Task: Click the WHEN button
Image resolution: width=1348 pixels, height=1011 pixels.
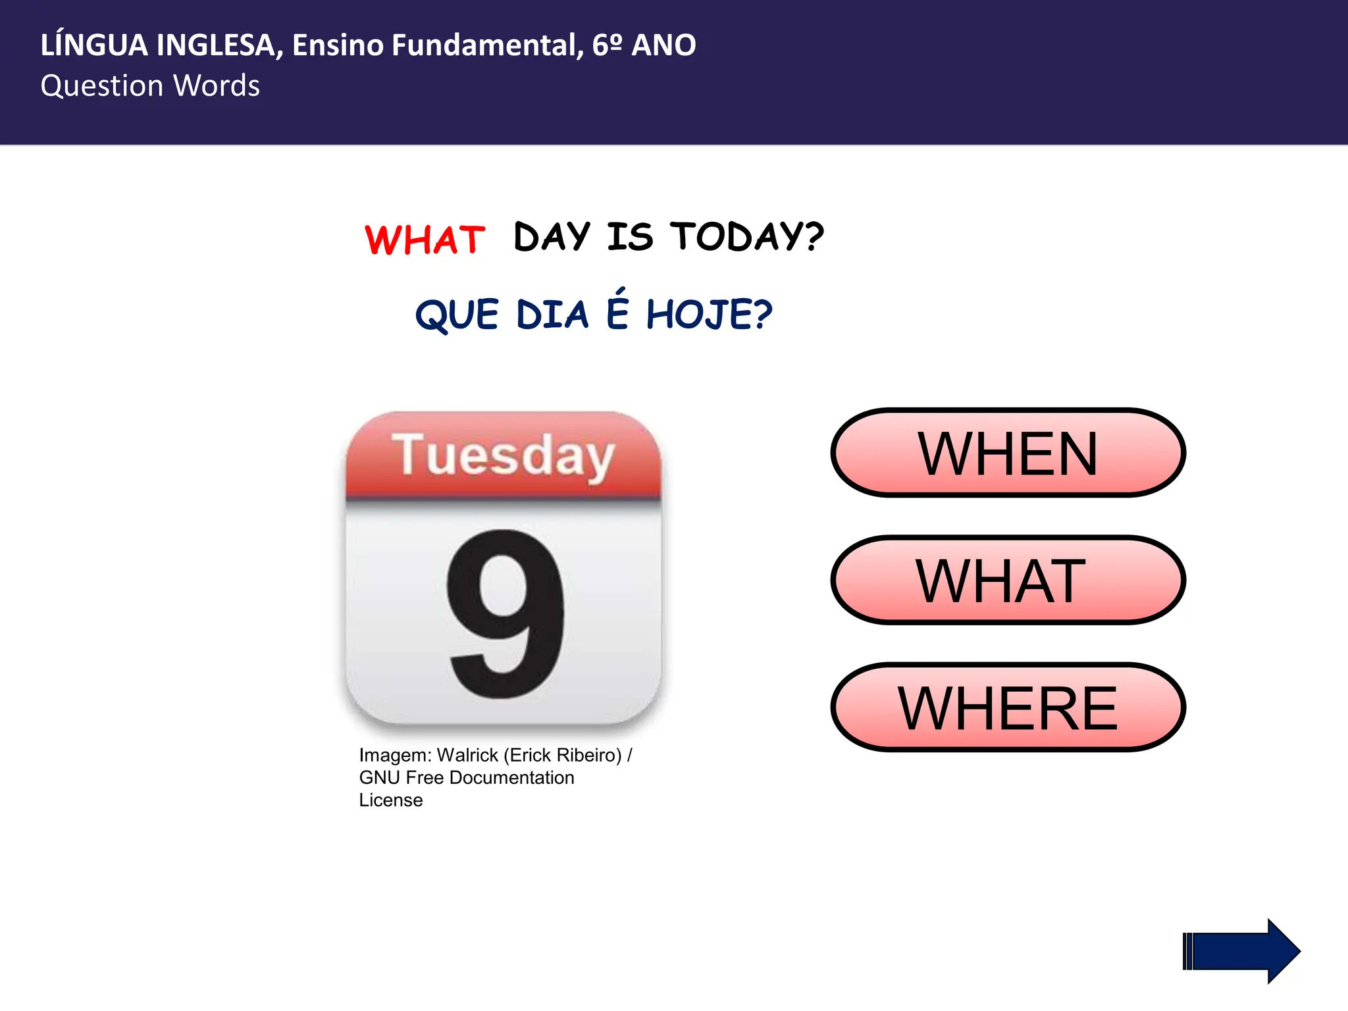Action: pos(1008,453)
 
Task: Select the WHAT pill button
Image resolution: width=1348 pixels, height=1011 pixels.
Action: pos(1008,580)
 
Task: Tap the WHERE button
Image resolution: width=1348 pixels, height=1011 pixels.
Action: pos(1008,708)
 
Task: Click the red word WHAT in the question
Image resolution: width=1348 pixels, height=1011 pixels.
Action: pos(425,240)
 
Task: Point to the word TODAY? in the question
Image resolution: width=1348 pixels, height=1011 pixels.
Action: pos(747,236)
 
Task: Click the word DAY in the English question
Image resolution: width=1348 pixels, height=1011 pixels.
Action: pos(552,237)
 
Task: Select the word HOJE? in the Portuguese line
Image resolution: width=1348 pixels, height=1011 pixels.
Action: pos(709,315)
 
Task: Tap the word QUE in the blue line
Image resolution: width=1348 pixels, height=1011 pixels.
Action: pos(457,315)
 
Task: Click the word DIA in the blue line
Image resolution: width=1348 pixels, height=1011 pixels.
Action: pos(552,315)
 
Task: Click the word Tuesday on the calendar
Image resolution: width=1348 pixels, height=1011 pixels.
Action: pos(503,455)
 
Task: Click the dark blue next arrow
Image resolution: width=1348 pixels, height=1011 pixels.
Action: pos(1241,951)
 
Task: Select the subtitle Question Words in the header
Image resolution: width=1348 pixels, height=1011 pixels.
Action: pos(150,86)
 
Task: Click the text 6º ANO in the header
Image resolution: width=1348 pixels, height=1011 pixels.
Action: pos(644,45)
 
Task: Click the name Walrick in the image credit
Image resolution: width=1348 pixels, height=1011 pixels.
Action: pos(467,755)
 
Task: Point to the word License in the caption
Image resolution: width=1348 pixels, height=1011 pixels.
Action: pos(391,800)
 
